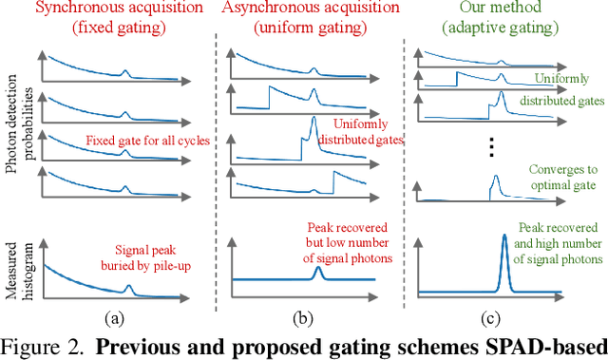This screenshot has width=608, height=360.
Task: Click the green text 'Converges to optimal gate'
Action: pyautogui.click(x=555, y=178)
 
